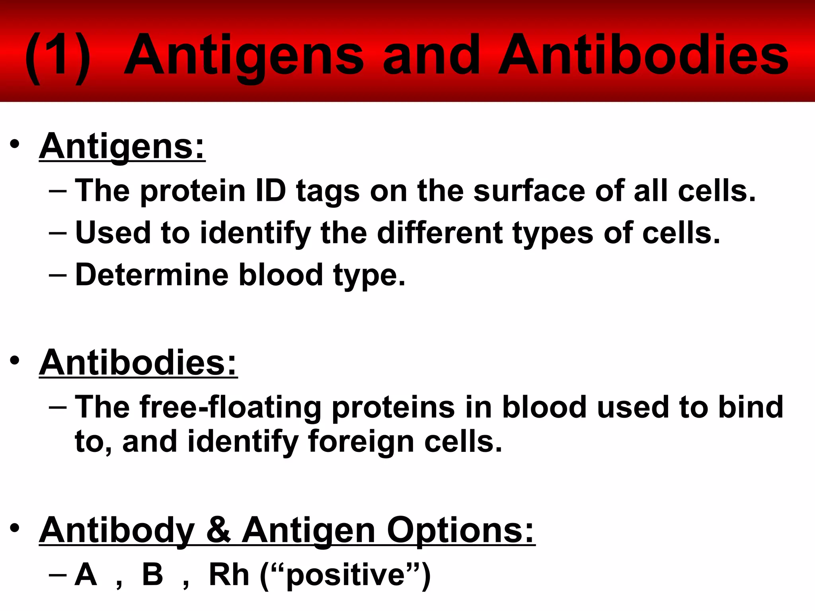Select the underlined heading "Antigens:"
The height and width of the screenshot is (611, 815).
[122, 147]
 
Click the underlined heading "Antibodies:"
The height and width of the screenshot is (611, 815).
[138, 363]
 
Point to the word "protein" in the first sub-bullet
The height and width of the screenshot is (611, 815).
[193, 191]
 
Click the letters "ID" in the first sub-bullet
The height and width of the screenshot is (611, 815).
[271, 191]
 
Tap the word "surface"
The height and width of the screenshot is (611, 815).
[529, 191]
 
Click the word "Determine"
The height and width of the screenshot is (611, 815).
[152, 275]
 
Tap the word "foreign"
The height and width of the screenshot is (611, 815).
[361, 442]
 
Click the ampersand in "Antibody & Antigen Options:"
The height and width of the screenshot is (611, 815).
[218, 531]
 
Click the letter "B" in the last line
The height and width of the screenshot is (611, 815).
[152, 574]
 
